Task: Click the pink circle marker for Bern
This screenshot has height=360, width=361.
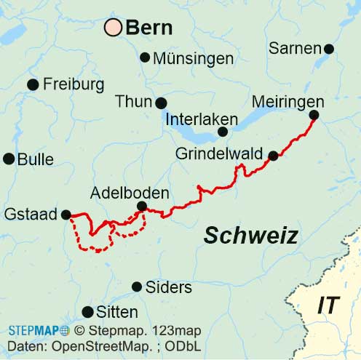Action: point(113,28)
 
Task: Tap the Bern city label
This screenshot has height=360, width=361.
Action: point(149,28)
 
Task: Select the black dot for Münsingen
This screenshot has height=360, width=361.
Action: point(145,57)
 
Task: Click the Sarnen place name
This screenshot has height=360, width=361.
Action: point(295,48)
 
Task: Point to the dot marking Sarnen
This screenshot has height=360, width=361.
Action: point(328,49)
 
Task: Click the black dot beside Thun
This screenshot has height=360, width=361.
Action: point(161,103)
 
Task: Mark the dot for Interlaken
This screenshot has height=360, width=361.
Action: point(223,132)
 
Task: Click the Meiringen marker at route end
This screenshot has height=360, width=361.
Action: point(314,115)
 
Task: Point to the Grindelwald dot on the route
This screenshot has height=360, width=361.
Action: point(273,155)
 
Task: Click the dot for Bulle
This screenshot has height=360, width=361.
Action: point(9,159)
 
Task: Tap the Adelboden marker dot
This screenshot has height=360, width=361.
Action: point(142,207)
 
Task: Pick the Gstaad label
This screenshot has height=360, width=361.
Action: point(31,215)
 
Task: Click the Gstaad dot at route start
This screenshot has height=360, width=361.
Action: point(66,215)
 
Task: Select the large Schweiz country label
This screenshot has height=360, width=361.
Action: point(250,235)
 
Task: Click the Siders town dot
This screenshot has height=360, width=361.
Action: point(137,287)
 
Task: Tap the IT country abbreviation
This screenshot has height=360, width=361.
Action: point(328,305)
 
